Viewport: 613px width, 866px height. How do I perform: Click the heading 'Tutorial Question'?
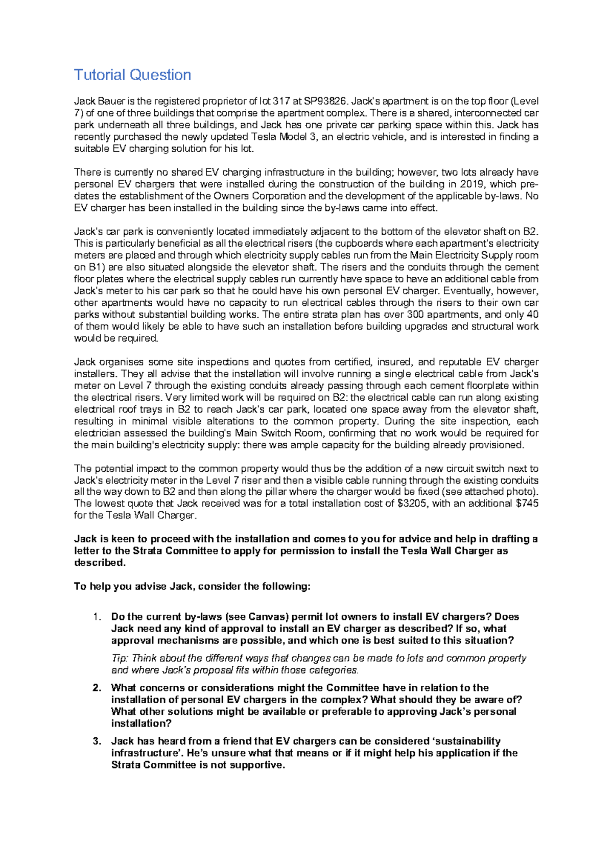click(x=132, y=75)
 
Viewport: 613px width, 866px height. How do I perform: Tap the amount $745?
click(x=527, y=503)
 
